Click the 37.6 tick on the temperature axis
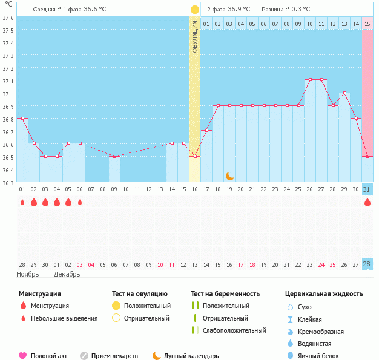(x=8, y=18)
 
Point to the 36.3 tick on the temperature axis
(x=8, y=182)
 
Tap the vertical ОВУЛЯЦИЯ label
(x=195, y=36)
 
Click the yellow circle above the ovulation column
(x=195, y=10)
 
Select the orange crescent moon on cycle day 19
(x=229, y=176)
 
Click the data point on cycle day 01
(x=22, y=119)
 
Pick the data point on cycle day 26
(x=309, y=80)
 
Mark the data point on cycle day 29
(x=344, y=93)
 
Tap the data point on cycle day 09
(x=114, y=157)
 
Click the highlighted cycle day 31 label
(x=367, y=189)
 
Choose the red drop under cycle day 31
(x=367, y=202)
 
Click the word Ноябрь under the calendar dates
(x=28, y=274)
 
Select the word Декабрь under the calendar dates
(x=67, y=274)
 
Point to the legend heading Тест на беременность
(x=225, y=294)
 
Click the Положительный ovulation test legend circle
(x=117, y=306)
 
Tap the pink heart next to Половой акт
(x=23, y=356)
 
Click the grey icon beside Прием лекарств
(x=84, y=356)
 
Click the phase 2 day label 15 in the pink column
(x=367, y=24)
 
